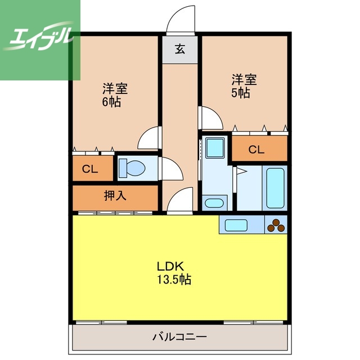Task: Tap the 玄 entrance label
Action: point(179,49)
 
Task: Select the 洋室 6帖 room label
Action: point(115,95)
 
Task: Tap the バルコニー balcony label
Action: point(179,337)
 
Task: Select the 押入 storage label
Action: point(115,196)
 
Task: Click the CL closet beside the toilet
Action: point(88,169)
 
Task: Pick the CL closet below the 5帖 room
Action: point(256,150)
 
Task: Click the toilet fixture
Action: point(132,168)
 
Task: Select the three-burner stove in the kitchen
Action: point(276,225)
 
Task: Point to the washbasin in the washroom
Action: point(213,202)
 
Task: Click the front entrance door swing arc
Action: point(180,20)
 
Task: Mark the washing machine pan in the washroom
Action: point(214,148)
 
